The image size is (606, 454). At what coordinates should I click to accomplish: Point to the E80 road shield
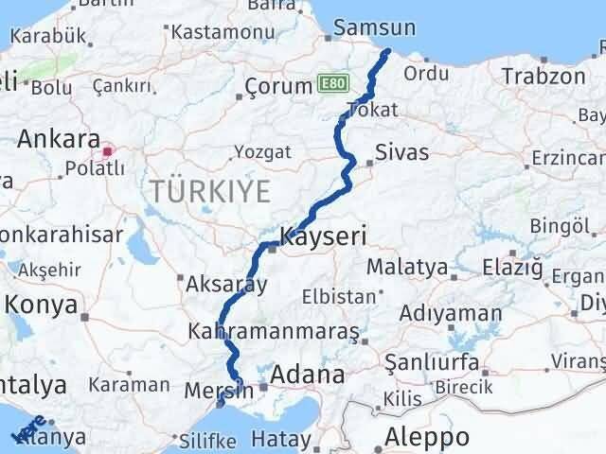(332, 84)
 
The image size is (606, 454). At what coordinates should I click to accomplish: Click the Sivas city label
(401, 152)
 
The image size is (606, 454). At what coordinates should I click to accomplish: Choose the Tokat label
(372, 111)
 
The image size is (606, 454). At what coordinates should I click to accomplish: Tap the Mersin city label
(224, 387)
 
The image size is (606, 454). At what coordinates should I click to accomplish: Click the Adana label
(308, 375)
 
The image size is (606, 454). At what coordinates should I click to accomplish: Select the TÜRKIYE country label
(209, 191)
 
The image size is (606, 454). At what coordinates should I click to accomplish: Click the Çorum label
(278, 86)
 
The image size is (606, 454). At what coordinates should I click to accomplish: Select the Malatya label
(406, 267)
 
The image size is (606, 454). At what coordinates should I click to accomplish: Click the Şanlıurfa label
(432, 362)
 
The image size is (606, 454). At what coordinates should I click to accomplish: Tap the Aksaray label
(226, 283)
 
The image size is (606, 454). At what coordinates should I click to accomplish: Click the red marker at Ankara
(107, 149)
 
